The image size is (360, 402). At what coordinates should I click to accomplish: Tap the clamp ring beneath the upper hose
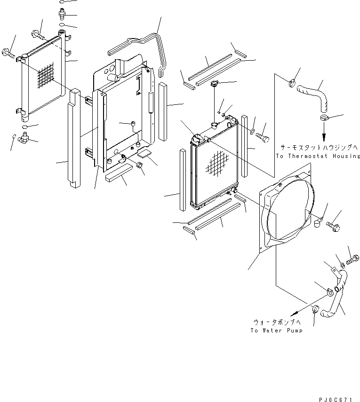click(324, 118)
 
